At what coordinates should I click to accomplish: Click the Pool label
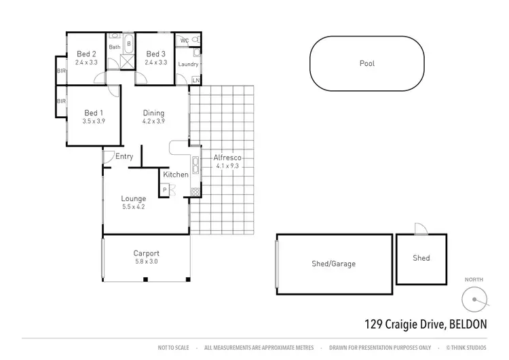pos(367,64)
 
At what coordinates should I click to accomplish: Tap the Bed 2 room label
pos(86,54)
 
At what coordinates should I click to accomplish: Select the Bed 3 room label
pos(155,54)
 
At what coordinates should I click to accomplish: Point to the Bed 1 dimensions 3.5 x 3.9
pos(93,122)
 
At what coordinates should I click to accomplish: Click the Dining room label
pos(153,113)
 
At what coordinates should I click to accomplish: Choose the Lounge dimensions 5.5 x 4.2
pos(134,206)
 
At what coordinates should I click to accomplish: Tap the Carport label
pos(147,253)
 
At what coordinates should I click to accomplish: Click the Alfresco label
pos(227,158)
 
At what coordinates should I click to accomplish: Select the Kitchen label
pos(176,175)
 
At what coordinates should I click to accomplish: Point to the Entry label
pos(124,157)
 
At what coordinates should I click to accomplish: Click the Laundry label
pos(188,65)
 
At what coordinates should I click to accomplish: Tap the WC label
pos(185,41)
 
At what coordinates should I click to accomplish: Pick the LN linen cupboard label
pos(196,81)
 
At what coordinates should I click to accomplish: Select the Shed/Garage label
pos(335,264)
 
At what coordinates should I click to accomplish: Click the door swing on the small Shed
pos(421,229)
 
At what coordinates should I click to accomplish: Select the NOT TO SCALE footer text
pos(172,347)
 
